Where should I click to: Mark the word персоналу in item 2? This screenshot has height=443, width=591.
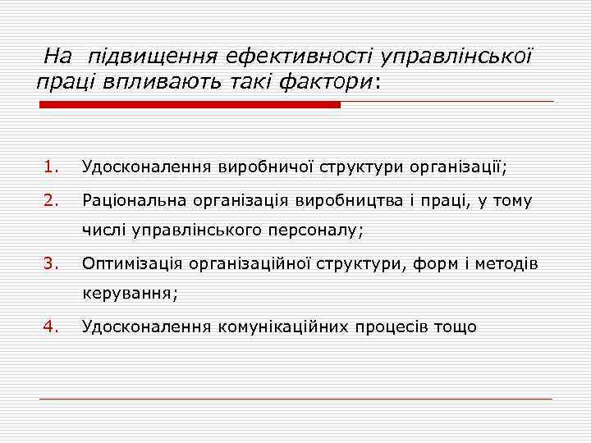(314, 231)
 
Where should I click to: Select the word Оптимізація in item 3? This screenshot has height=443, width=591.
(132, 264)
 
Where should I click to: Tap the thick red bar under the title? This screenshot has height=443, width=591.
(190, 105)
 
